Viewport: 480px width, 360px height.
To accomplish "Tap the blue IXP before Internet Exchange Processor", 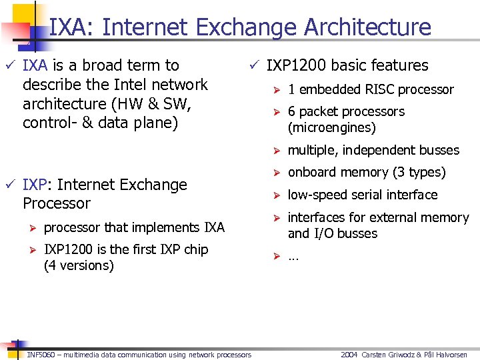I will [34, 185].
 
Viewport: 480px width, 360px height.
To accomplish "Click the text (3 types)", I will [419, 172].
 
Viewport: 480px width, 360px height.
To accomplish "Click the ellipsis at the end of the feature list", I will [293, 257].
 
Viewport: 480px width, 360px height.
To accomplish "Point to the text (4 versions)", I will [79, 265].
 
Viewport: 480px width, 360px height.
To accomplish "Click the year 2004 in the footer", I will [349, 355].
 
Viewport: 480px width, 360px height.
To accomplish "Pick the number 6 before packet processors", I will [291, 111].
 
